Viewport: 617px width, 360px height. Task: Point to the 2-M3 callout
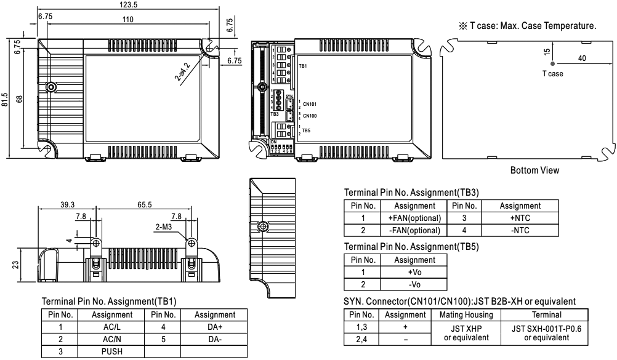tap(163, 226)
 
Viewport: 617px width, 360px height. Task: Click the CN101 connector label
tap(309, 105)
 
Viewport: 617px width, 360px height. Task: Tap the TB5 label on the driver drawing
tap(306, 130)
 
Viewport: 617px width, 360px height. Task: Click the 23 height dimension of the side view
tap(15, 265)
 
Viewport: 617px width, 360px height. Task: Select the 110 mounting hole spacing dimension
tap(128, 20)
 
